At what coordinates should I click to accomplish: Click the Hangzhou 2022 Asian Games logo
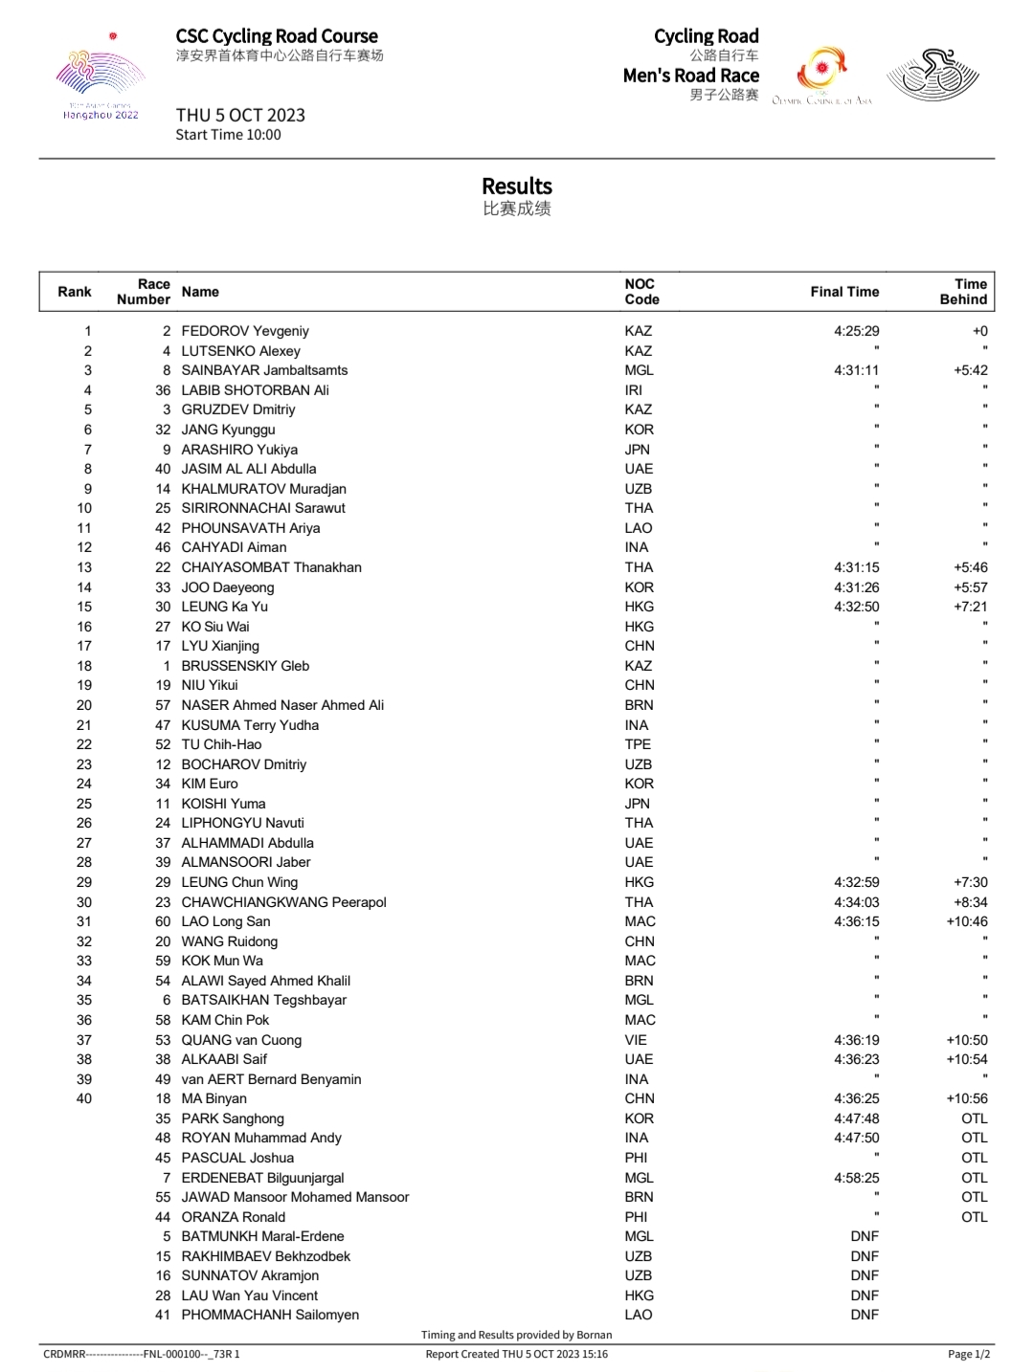tap(101, 81)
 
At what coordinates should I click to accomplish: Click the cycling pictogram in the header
tap(933, 75)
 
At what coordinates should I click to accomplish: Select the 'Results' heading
tap(517, 187)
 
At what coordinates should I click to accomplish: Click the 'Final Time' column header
tap(844, 292)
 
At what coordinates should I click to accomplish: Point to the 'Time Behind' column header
tap(963, 292)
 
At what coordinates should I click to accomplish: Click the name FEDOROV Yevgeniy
tap(245, 331)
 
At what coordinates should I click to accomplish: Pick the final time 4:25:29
tap(856, 331)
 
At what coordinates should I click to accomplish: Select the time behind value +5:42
tap(971, 370)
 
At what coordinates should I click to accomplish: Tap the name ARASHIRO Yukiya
tap(239, 450)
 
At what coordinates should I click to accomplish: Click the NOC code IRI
tap(634, 390)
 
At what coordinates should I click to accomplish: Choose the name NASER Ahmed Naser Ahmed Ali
tap(282, 705)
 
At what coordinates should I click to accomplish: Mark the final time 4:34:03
tap(856, 902)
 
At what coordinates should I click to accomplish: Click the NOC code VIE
tap(636, 1040)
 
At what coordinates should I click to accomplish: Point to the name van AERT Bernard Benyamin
tap(271, 1079)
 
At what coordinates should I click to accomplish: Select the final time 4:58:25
tap(856, 1178)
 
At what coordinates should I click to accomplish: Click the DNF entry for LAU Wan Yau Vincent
tap(865, 1295)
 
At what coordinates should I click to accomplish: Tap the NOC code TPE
tap(638, 744)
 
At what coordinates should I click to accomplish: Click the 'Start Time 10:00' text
tap(228, 135)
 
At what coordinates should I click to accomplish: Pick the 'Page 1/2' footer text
tap(969, 1354)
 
